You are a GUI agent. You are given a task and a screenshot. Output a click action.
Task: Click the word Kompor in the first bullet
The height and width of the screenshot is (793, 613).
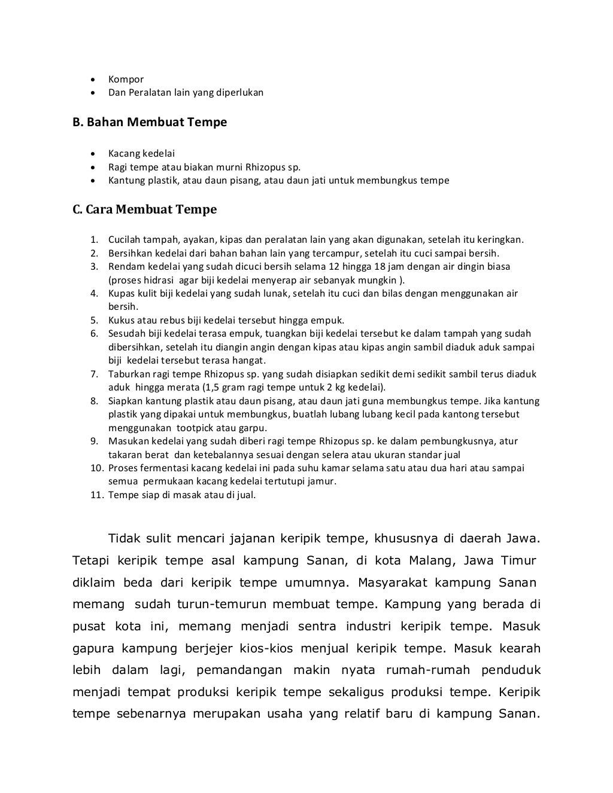[126, 80]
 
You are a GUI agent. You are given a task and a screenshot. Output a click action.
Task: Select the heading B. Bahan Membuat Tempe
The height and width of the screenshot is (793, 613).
[150, 123]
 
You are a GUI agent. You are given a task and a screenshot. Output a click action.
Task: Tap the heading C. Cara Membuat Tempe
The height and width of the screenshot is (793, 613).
[144, 210]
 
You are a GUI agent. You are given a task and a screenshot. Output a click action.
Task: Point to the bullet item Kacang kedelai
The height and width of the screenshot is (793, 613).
[141, 154]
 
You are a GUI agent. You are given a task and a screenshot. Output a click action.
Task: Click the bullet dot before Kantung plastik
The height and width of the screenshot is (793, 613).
[93, 181]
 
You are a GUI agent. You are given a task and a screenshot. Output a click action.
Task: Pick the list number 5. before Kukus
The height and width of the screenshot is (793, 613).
[94, 321]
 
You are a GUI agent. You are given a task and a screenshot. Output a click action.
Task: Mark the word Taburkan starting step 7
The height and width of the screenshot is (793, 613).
[128, 374]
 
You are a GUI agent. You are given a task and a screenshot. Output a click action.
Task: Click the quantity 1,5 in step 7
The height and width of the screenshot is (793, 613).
[211, 388]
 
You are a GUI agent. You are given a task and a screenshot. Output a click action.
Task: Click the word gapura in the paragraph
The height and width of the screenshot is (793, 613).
[95, 649]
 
